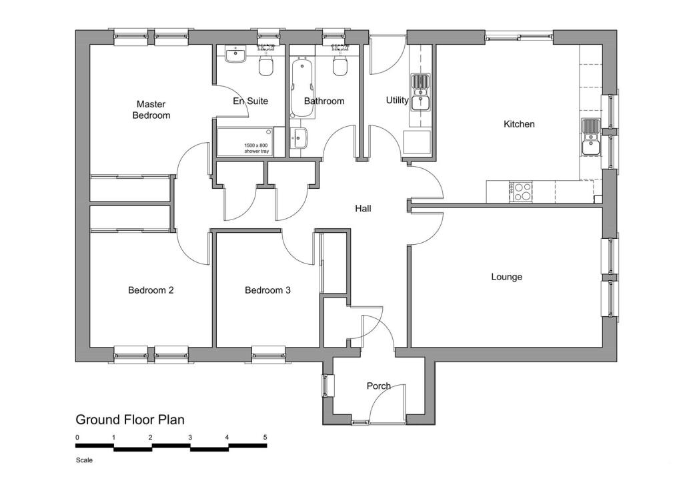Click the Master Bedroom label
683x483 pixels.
(151, 109)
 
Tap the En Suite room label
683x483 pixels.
(250, 101)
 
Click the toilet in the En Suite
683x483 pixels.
(267, 65)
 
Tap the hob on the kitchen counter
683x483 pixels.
(521, 191)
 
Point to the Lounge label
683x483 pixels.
(506, 277)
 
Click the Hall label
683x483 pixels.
(363, 209)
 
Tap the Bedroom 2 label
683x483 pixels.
(151, 290)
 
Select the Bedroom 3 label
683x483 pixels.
(267, 290)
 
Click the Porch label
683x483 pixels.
(378, 386)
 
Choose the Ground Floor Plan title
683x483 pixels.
(130, 420)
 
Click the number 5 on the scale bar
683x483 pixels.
(265, 437)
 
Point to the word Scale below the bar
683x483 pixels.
(84, 460)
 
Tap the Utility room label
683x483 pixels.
(397, 100)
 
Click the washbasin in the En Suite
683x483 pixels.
(235, 55)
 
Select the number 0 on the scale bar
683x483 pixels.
(77, 437)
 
